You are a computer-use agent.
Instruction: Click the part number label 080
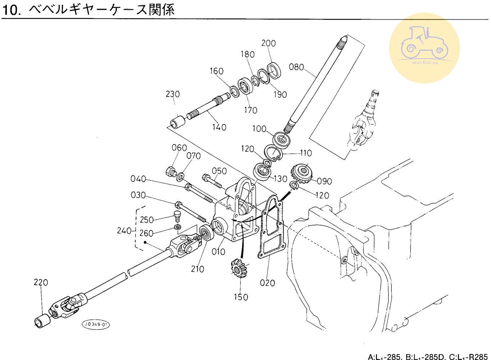(296, 67)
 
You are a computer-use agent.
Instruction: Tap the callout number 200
(268, 43)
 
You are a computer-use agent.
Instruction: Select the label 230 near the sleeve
(173, 94)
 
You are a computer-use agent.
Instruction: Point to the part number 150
(241, 297)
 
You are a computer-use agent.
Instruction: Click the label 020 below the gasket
(267, 283)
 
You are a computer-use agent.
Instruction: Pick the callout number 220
(41, 282)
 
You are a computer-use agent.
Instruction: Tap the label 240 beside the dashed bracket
(124, 231)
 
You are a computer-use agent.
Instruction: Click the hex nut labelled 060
(171, 171)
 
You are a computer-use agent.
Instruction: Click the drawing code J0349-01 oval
(96, 325)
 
